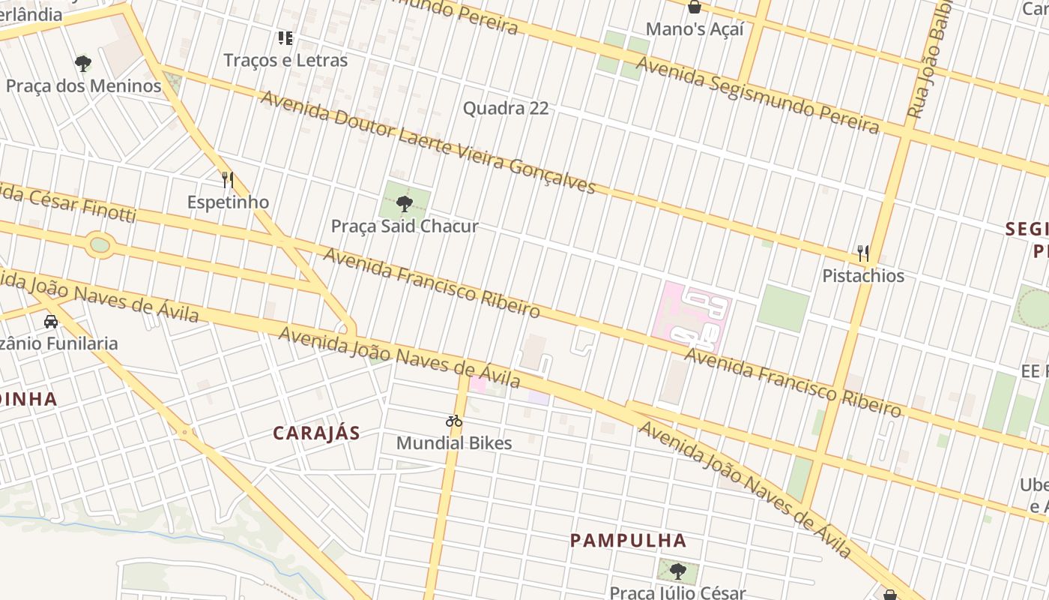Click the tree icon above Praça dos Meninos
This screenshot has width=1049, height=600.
[x=83, y=63]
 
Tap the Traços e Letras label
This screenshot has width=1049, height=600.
[x=285, y=60]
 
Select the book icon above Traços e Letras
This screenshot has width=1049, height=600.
[x=285, y=37]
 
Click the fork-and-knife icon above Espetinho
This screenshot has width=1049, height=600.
[x=228, y=180]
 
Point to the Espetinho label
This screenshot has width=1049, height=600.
[x=228, y=202]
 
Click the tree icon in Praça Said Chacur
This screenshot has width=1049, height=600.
[x=405, y=203]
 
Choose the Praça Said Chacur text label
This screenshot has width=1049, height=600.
[x=405, y=226]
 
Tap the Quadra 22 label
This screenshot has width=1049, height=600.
[x=506, y=108]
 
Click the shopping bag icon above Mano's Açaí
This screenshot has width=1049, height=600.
[x=695, y=7]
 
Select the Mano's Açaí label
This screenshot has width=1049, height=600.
[x=695, y=29]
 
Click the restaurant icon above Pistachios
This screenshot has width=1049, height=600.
[x=863, y=253]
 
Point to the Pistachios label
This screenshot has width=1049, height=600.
[x=863, y=275]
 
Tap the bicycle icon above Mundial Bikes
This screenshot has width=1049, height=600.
[x=454, y=421]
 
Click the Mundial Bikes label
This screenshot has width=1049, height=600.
[x=454, y=442]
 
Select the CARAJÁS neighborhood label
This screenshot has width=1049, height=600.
[x=316, y=433]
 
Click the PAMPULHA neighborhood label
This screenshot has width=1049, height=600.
[x=628, y=540]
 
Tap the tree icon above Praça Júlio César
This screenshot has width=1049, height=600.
[x=677, y=571]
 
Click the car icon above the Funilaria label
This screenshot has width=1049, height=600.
[x=51, y=322]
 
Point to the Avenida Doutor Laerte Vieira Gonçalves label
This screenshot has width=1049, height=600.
[x=427, y=141]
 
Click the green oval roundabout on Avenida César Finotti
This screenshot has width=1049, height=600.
[x=99, y=245]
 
